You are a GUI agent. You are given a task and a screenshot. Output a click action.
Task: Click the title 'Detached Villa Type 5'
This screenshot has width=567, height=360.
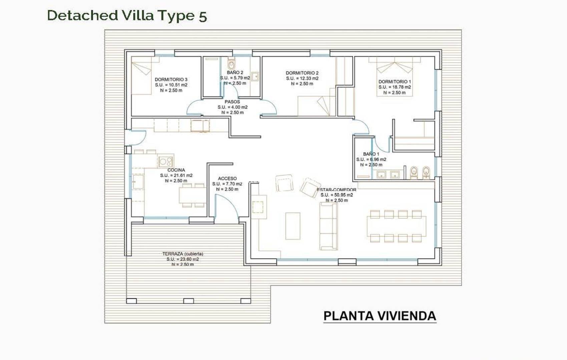point(127,16)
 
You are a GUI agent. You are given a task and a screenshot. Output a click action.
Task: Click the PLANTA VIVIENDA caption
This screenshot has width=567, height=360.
point(380,316)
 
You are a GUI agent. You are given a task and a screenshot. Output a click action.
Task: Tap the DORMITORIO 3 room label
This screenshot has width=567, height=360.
point(171,79)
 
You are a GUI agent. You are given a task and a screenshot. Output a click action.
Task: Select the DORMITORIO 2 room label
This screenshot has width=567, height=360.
point(302,73)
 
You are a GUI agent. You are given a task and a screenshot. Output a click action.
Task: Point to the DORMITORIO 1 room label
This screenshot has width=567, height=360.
point(395,81)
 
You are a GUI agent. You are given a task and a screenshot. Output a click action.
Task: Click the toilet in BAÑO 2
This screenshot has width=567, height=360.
point(231,64)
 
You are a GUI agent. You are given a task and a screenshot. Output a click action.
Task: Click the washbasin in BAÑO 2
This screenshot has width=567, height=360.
point(255,76)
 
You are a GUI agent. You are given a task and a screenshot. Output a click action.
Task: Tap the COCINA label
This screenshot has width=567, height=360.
point(176,170)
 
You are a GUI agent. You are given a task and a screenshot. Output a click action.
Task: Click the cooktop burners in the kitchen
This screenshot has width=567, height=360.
point(165,162)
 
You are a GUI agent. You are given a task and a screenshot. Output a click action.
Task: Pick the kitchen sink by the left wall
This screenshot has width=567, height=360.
point(138,182)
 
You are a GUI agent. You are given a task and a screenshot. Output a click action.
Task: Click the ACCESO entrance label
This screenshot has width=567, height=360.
point(227,178)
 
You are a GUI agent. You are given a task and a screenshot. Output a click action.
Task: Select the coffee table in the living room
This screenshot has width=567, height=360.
point(293,226)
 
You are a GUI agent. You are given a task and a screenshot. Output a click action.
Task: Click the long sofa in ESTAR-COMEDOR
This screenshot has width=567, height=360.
point(328,226)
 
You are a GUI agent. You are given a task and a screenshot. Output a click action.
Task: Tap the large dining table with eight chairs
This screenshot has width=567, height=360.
point(396,226)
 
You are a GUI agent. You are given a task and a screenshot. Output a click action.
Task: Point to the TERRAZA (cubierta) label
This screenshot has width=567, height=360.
point(182,254)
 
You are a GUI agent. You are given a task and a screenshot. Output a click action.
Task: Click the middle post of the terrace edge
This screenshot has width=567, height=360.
point(188,301)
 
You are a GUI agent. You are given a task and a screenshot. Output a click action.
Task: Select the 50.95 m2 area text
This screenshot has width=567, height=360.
point(337,195)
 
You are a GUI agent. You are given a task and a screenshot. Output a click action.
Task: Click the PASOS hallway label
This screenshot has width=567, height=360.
point(232,102)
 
